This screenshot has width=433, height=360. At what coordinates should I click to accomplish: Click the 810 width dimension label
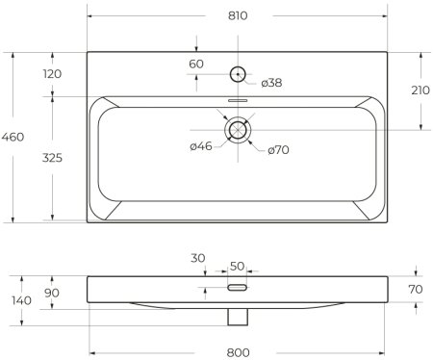point(238,16)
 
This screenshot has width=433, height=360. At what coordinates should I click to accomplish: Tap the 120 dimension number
point(53,74)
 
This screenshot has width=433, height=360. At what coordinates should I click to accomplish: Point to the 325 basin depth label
point(53,158)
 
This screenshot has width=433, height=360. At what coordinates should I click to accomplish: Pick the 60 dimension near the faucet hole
point(196,64)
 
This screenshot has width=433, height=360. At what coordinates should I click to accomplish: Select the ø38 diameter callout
point(271,83)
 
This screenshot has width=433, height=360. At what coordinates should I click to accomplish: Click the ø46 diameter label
point(200,146)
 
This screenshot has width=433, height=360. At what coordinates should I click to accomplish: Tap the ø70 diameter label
point(279,149)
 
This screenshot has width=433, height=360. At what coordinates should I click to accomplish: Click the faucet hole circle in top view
point(237,73)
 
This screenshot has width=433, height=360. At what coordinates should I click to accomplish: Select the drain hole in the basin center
point(238,128)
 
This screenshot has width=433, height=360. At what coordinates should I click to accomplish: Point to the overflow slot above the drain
point(238,99)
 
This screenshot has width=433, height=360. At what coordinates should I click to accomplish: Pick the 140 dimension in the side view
point(18,300)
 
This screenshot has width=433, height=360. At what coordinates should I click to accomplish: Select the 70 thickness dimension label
point(416,288)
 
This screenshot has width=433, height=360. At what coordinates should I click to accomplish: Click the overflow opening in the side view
point(238,287)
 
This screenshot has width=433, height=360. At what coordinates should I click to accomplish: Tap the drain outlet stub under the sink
point(238,314)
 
